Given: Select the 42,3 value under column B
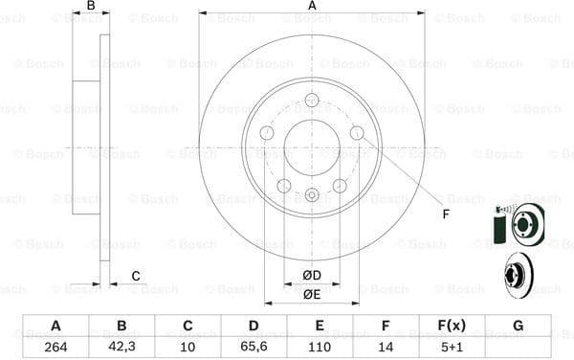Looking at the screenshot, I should (121, 348).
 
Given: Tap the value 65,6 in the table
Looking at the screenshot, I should (254, 348).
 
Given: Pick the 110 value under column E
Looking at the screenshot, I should (320, 348).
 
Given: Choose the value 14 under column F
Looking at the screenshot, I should (386, 348).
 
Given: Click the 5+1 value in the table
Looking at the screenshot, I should (452, 348).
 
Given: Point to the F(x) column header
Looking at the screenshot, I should (452, 326).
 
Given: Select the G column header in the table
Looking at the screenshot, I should (518, 326).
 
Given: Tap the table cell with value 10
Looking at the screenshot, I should (188, 348).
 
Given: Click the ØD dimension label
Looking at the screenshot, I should (312, 277).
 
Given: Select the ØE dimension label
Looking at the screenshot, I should (312, 295).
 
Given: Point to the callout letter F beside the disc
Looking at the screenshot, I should (446, 214).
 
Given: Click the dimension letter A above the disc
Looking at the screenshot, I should (312, 7).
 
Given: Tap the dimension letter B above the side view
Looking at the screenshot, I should (91, 7).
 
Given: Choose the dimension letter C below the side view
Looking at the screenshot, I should (136, 277).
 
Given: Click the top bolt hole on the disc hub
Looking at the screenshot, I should (312, 100).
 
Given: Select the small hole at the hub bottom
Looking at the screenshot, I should (312, 195).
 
